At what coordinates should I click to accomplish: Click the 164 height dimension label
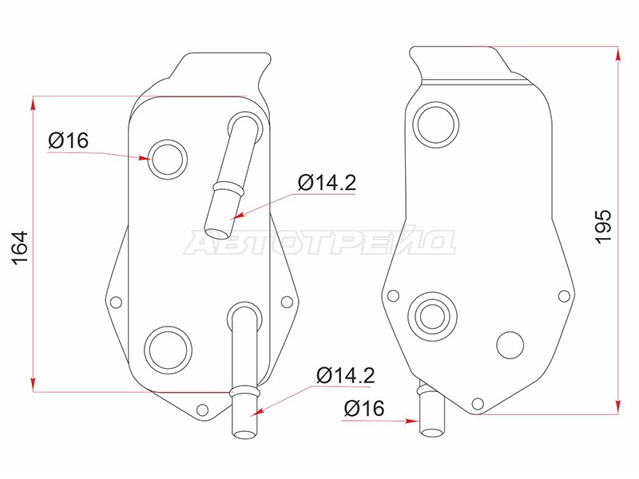pyautogui.click(x=21, y=248)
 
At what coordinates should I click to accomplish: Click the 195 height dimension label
pyautogui.click(x=604, y=227)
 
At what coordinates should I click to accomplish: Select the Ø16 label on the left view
pyautogui.click(x=68, y=141)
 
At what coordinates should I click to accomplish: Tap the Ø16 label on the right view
pyautogui.click(x=364, y=408)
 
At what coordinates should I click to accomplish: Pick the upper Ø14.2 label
pyautogui.click(x=327, y=183)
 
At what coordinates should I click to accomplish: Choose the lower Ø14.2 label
pyautogui.click(x=346, y=375)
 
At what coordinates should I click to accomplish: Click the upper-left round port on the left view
pyautogui.click(x=168, y=159)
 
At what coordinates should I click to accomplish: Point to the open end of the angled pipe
pyautogui.click(x=216, y=233)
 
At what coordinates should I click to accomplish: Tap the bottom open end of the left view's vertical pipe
pyautogui.click(x=244, y=433)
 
